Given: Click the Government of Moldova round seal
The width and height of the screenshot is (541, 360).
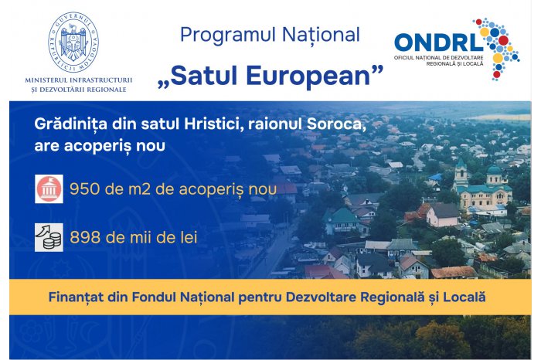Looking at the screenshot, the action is [x=73, y=42].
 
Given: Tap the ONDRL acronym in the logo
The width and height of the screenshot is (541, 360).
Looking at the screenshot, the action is [x=438, y=42].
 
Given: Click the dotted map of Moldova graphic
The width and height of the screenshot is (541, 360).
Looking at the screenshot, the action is [x=497, y=49].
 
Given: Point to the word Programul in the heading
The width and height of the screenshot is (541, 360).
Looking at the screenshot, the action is [x=228, y=36].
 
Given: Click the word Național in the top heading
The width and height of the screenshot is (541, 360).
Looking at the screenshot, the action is [x=321, y=35].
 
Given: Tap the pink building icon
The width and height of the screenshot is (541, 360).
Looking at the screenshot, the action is [x=49, y=188].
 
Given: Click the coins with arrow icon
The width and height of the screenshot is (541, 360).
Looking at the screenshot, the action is [x=49, y=237].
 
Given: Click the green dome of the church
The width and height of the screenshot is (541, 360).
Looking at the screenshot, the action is [x=495, y=169].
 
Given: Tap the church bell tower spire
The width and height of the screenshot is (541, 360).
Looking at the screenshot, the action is [x=461, y=162].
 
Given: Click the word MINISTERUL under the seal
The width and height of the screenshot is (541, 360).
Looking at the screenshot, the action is [x=46, y=80].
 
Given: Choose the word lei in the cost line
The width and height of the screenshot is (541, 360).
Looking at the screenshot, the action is [x=189, y=237].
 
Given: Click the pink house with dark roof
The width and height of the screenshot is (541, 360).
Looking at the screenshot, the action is [x=443, y=215].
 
